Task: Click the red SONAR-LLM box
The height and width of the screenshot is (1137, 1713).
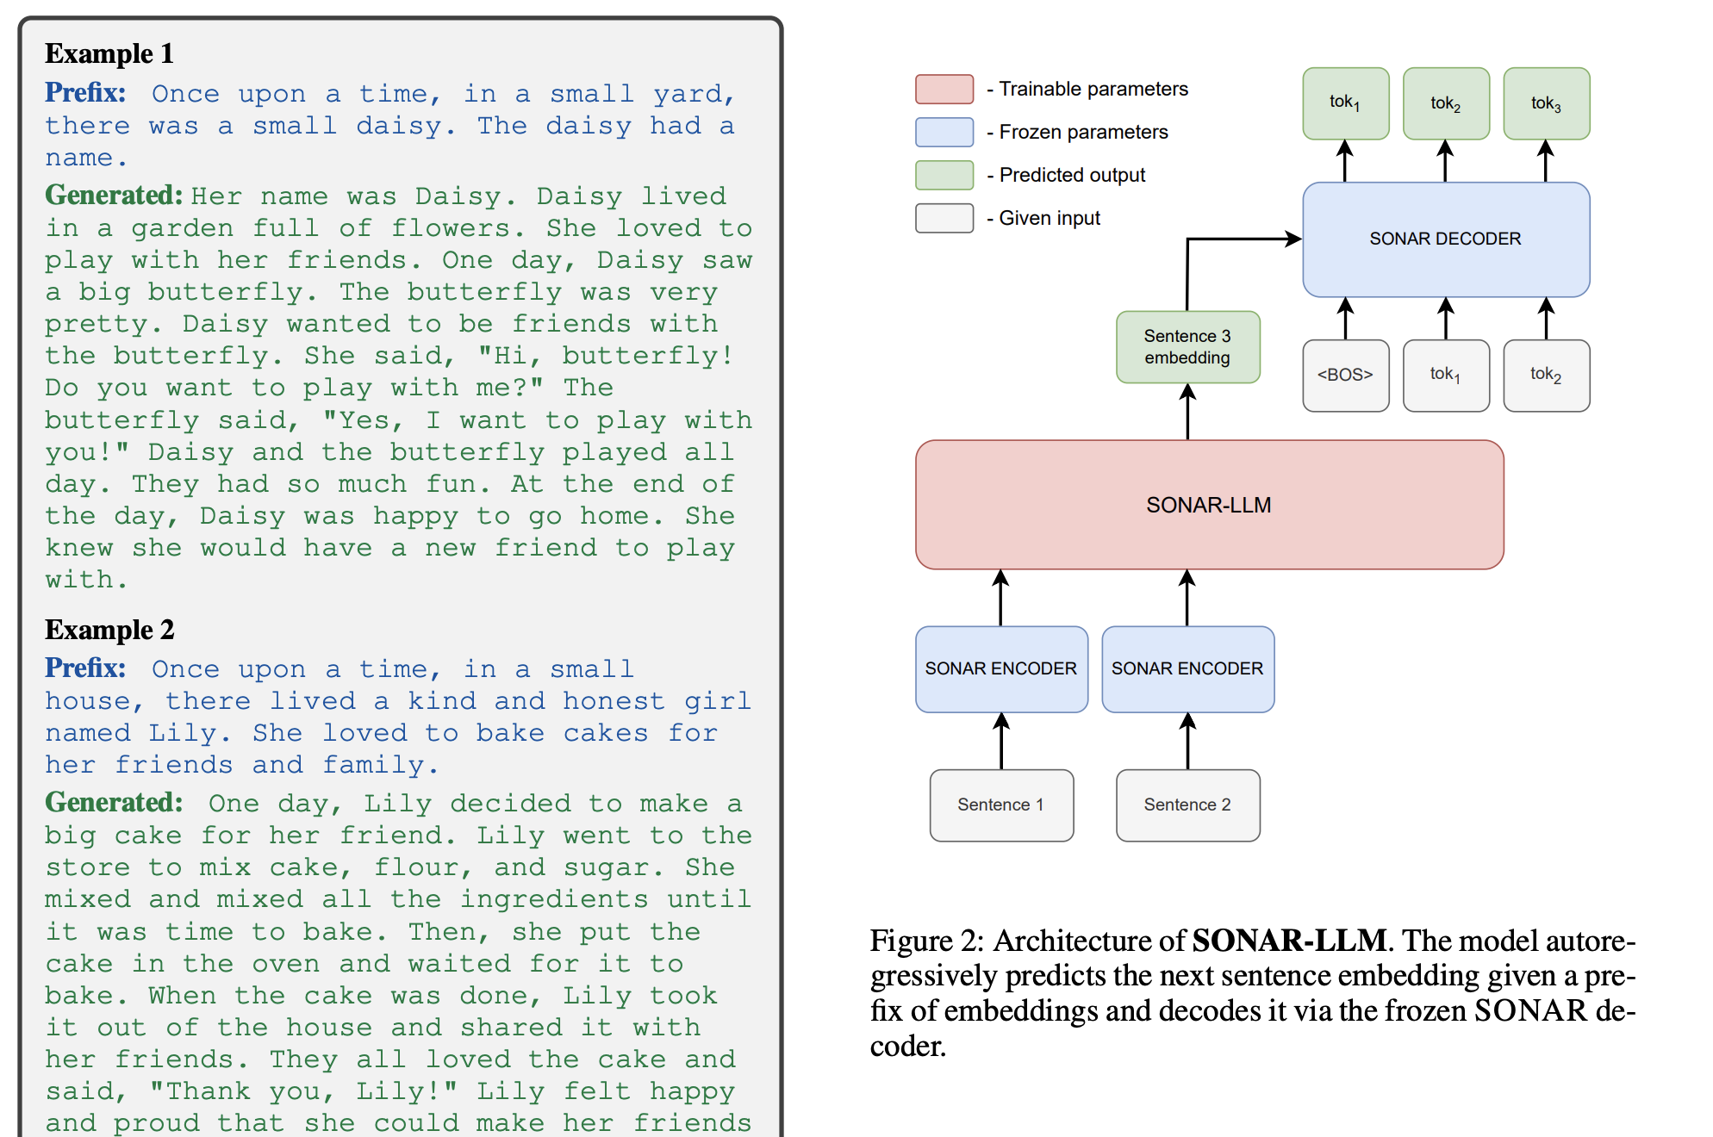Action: (x=1209, y=505)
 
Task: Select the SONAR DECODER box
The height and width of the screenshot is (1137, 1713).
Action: (x=1445, y=239)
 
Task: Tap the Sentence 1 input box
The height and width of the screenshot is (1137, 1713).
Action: (x=1001, y=805)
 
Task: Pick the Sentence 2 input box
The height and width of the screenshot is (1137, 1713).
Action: (x=1187, y=805)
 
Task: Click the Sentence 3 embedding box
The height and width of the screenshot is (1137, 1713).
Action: (x=1187, y=346)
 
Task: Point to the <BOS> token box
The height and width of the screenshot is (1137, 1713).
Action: (x=1345, y=375)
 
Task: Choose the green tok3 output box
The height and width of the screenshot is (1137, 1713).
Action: (x=1546, y=103)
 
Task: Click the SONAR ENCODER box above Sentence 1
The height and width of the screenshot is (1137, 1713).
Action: (x=1001, y=668)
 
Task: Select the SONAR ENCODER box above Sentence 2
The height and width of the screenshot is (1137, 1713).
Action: (x=1187, y=668)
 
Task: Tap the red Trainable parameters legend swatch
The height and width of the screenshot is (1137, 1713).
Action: (x=944, y=89)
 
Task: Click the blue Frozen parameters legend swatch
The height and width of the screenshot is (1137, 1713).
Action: (x=944, y=132)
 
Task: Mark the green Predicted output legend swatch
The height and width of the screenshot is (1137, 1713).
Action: (x=944, y=175)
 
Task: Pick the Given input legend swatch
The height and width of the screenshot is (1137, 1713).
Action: (x=944, y=218)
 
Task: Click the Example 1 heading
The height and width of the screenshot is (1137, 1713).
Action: (x=109, y=53)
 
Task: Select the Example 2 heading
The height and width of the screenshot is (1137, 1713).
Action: (x=109, y=630)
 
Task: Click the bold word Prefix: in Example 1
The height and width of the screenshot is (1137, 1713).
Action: (x=85, y=92)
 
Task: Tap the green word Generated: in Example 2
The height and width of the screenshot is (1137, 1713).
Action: (x=114, y=802)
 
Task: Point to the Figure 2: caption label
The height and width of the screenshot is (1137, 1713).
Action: (x=926, y=941)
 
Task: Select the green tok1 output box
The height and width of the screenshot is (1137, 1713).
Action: (x=1345, y=103)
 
